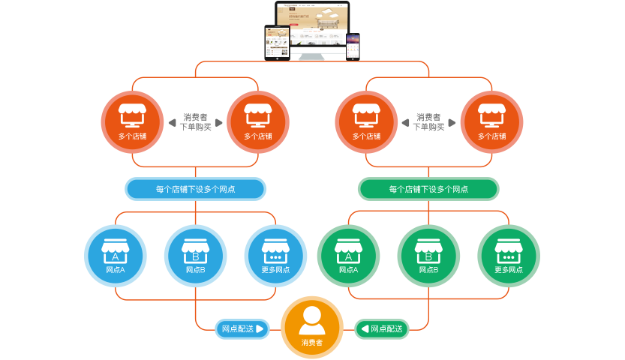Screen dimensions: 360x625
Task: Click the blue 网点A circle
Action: [116, 256]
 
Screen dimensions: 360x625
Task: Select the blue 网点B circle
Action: [196, 256]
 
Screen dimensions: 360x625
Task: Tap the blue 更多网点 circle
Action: [276, 256]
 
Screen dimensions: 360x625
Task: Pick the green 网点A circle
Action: [348, 256]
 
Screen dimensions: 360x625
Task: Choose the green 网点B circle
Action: [428, 256]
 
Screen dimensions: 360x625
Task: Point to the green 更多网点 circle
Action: [509, 256]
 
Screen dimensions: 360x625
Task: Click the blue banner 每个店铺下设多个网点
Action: [195, 189]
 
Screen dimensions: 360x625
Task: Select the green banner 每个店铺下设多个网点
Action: [428, 189]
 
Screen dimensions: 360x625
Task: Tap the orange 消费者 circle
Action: [312, 327]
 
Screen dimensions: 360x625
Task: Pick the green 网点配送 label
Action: [382, 328]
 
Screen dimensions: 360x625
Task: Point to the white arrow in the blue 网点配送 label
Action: [260, 328]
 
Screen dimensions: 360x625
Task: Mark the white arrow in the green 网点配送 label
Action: [365, 328]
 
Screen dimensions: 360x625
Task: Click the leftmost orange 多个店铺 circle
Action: [132, 122]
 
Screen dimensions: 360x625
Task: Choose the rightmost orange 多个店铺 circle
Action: [491, 122]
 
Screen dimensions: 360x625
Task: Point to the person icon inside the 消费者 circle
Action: [312, 321]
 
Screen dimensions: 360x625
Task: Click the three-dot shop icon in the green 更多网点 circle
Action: [509, 250]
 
